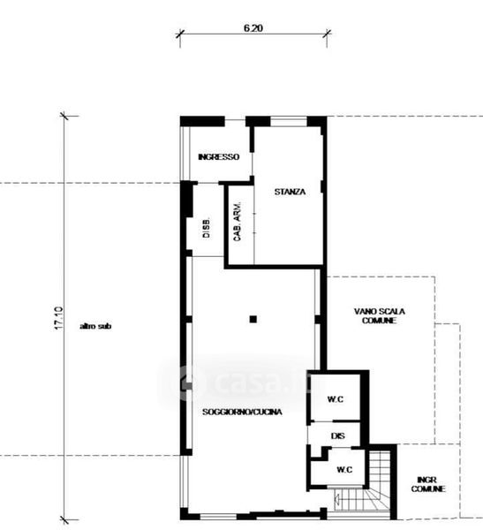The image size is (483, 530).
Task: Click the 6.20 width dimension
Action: pos(253,28)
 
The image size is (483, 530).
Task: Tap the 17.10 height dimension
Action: pos(58,318)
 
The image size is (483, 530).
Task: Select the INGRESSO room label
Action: pos(218,157)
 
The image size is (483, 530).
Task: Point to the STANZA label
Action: pos(290,192)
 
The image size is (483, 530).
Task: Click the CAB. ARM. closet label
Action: pos(238,222)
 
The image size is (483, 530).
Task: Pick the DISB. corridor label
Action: pos(206,228)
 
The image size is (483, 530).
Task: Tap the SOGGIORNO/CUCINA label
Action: pos(242,412)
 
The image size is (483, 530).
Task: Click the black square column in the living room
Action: pos(253,319)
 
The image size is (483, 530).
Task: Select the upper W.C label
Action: pos(336,399)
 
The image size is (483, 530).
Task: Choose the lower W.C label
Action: pos(344,470)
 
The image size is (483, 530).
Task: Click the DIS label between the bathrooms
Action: pos(338,436)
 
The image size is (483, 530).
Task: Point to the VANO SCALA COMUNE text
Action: pos(379,315)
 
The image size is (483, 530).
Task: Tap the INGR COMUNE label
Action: pos(428,484)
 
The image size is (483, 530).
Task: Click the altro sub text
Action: pos(95,326)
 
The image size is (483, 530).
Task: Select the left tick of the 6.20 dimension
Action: pos(180,34)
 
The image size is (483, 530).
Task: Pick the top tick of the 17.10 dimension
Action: pos(64,116)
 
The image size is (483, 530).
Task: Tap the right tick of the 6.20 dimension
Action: pos(327,34)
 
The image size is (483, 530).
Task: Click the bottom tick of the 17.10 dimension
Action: pos(64,520)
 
